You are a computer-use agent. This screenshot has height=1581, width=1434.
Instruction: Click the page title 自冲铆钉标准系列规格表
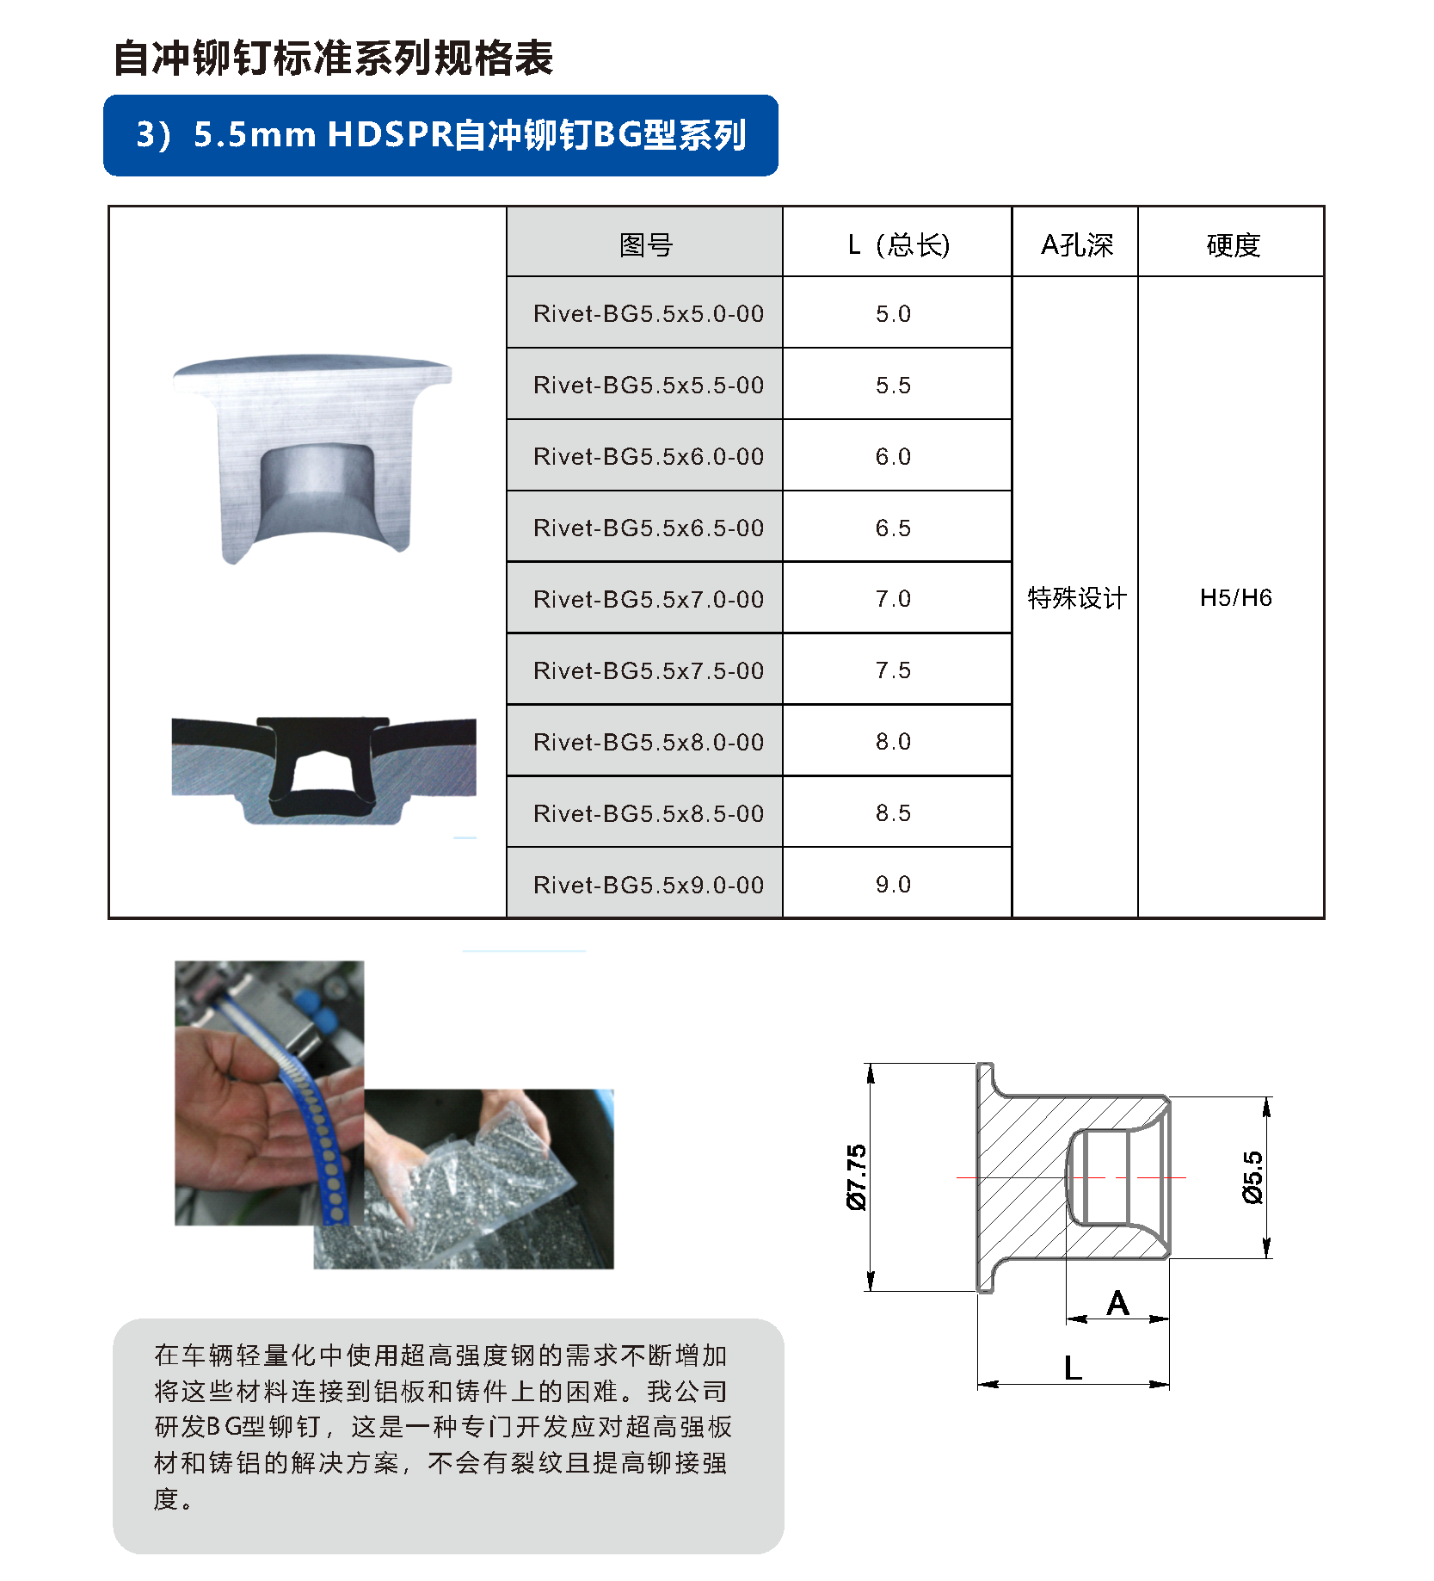click(333, 59)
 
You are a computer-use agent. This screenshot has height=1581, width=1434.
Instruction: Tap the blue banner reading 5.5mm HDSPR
click(440, 135)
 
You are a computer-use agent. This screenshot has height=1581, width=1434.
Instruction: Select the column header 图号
click(645, 245)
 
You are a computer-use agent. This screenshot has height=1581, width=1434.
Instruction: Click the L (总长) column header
click(898, 245)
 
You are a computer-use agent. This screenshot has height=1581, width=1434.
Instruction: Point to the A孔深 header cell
click(1076, 245)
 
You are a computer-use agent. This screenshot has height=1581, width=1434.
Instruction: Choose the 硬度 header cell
click(1233, 245)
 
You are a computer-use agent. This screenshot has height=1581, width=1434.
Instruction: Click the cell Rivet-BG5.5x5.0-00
click(649, 314)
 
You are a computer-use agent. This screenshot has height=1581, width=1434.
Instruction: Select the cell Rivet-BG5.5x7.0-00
click(649, 599)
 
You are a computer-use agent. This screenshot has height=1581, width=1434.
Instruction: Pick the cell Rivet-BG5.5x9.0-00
click(649, 885)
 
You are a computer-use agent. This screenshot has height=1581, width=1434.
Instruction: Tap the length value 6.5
click(893, 528)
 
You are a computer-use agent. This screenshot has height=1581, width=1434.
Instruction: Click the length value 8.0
click(893, 741)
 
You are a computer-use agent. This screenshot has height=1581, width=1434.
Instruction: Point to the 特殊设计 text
click(1076, 597)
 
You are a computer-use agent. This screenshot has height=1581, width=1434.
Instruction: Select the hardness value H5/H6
click(1235, 597)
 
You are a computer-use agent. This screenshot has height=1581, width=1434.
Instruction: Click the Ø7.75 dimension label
click(857, 1177)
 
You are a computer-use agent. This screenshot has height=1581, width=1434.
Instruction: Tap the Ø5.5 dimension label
click(1252, 1176)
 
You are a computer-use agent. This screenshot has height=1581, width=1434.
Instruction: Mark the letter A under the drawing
click(1117, 1304)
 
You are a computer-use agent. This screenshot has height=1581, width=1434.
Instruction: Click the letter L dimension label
click(1072, 1368)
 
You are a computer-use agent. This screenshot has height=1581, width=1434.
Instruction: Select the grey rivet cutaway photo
click(312, 458)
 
